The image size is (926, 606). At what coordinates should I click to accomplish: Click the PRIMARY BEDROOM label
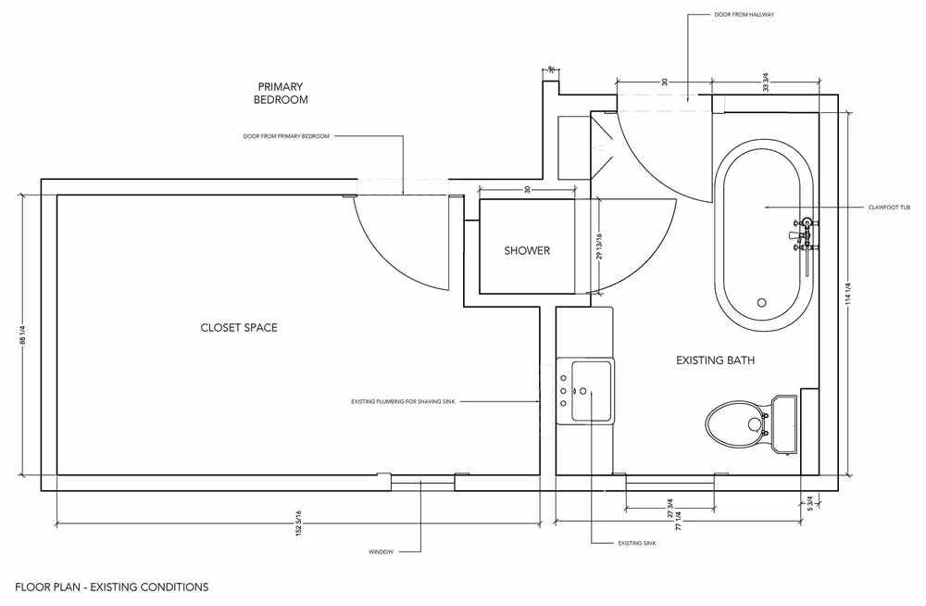pos(282,93)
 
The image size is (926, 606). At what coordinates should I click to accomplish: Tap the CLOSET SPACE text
pos(239,328)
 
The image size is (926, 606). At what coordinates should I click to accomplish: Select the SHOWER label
pos(527,251)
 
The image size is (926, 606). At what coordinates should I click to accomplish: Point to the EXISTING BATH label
pos(715,360)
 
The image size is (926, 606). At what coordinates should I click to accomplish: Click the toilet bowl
pos(733,423)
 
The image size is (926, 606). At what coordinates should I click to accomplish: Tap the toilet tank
pos(783,424)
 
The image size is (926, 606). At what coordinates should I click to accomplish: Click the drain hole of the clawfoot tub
pos(762,302)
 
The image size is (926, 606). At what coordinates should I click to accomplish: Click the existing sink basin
pos(591,390)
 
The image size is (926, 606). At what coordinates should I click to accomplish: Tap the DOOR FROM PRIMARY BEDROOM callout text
pos(286,136)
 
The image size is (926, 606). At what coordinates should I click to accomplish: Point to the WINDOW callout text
pos(381,552)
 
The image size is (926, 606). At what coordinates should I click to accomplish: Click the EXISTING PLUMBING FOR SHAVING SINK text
pos(404,402)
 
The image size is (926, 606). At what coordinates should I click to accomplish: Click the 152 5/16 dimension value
pos(299,524)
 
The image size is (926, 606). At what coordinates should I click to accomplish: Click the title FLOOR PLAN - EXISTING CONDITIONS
pos(112,587)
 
